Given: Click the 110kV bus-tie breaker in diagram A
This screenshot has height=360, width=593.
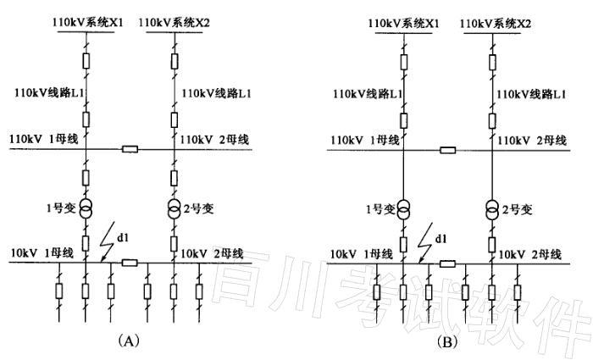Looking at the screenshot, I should click(130, 150).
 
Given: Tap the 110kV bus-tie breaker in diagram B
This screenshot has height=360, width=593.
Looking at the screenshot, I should click(448, 151).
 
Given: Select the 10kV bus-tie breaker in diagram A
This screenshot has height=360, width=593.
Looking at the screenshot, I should click(130, 263).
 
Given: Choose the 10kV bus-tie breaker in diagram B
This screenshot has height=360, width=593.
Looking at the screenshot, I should click(448, 263).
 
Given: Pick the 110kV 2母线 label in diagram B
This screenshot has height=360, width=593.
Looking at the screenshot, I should click(532, 139).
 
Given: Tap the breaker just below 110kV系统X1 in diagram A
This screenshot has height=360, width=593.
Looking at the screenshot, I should click(86, 61).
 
